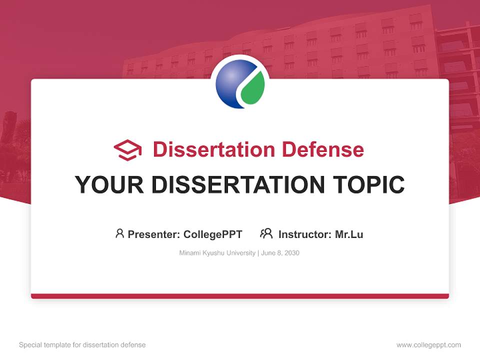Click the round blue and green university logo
click(x=240, y=83)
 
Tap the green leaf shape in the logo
click(x=253, y=89)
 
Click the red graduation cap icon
click(x=127, y=149)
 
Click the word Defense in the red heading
click(x=322, y=149)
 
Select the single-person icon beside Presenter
click(x=119, y=233)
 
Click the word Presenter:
click(x=154, y=234)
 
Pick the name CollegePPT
click(x=213, y=234)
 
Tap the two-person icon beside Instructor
click(x=266, y=233)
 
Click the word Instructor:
click(x=305, y=234)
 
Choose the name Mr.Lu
click(x=349, y=234)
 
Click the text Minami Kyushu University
click(x=217, y=253)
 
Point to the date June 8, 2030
click(x=280, y=253)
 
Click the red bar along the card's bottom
click(x=240, y=296)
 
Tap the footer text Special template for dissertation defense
click(x=82, y=345)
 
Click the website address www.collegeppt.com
click(x=428, y=345)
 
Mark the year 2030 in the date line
click(x=291, y=253)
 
